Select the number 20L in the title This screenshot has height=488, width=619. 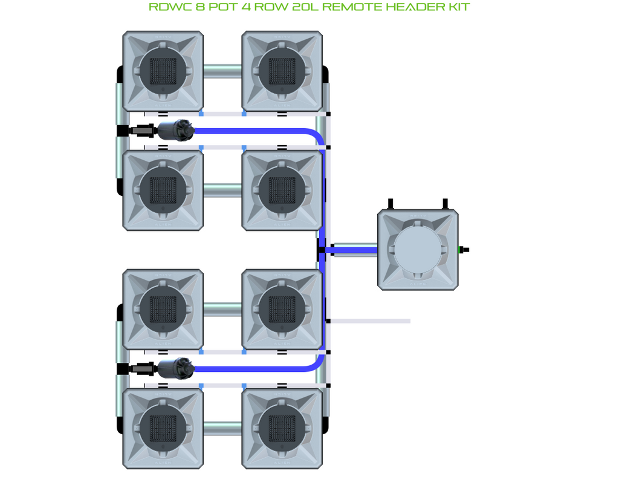click(x=305, y=7)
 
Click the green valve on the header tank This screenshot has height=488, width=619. click(x=464, y=250)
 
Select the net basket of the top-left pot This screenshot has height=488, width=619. click(x=163, y=71)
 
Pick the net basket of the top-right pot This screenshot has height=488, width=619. click(x=282, y=71)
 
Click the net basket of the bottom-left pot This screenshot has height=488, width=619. click(x=163, y=428)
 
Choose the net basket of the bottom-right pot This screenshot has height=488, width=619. click(x=282, y=428)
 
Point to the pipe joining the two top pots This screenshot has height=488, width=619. click(x=222, y=71)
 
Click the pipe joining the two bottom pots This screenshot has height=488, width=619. click(x=222, y=429)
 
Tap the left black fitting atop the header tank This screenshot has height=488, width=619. click(x=391, y=204)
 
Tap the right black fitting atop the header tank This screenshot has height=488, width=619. click(x=446, y=204)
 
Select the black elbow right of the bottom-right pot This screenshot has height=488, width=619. click(x=326, y=425)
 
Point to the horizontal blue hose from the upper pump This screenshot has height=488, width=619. click(x=253, y=131)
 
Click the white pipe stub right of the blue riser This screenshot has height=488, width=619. click(x=369, y=321)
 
